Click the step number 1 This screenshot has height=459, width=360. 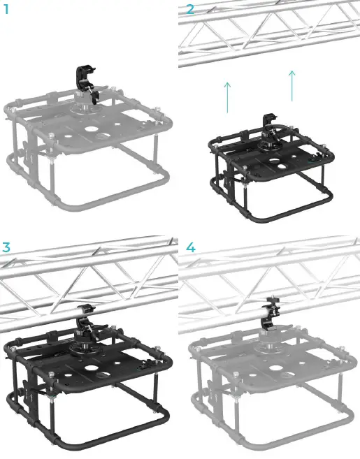[x=6, y=10]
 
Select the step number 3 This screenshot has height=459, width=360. [x=6, y=247]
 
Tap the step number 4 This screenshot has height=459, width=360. [x=190, y=247]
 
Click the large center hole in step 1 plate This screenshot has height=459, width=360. [x=92, y=131]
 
